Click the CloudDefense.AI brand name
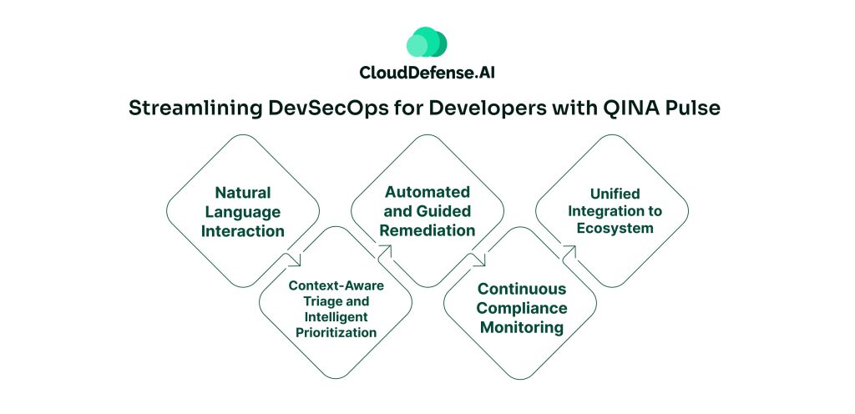pyautogui.click(x=427, y=73)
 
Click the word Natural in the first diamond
pyautogui.click(x=243, y=193)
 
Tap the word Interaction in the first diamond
pyautogui.click(x=243, y=231)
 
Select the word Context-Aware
pyautogui.click(x=335, y=285)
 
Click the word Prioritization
pyautogui.click(x=335, y=331)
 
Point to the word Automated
pyautogui.click(x=427, y=193)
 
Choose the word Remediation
pyautogui.click(x=427, y=230)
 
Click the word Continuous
pyautogui.click(x=519, y=289)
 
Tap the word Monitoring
pyautogui.click(x=519, y=327)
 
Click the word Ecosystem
pyautogui.click(x=610, y=227)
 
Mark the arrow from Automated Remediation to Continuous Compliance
pyautogui.click(x=478, y=259)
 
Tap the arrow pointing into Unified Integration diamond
pyautogui.click(x=570, y=250)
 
